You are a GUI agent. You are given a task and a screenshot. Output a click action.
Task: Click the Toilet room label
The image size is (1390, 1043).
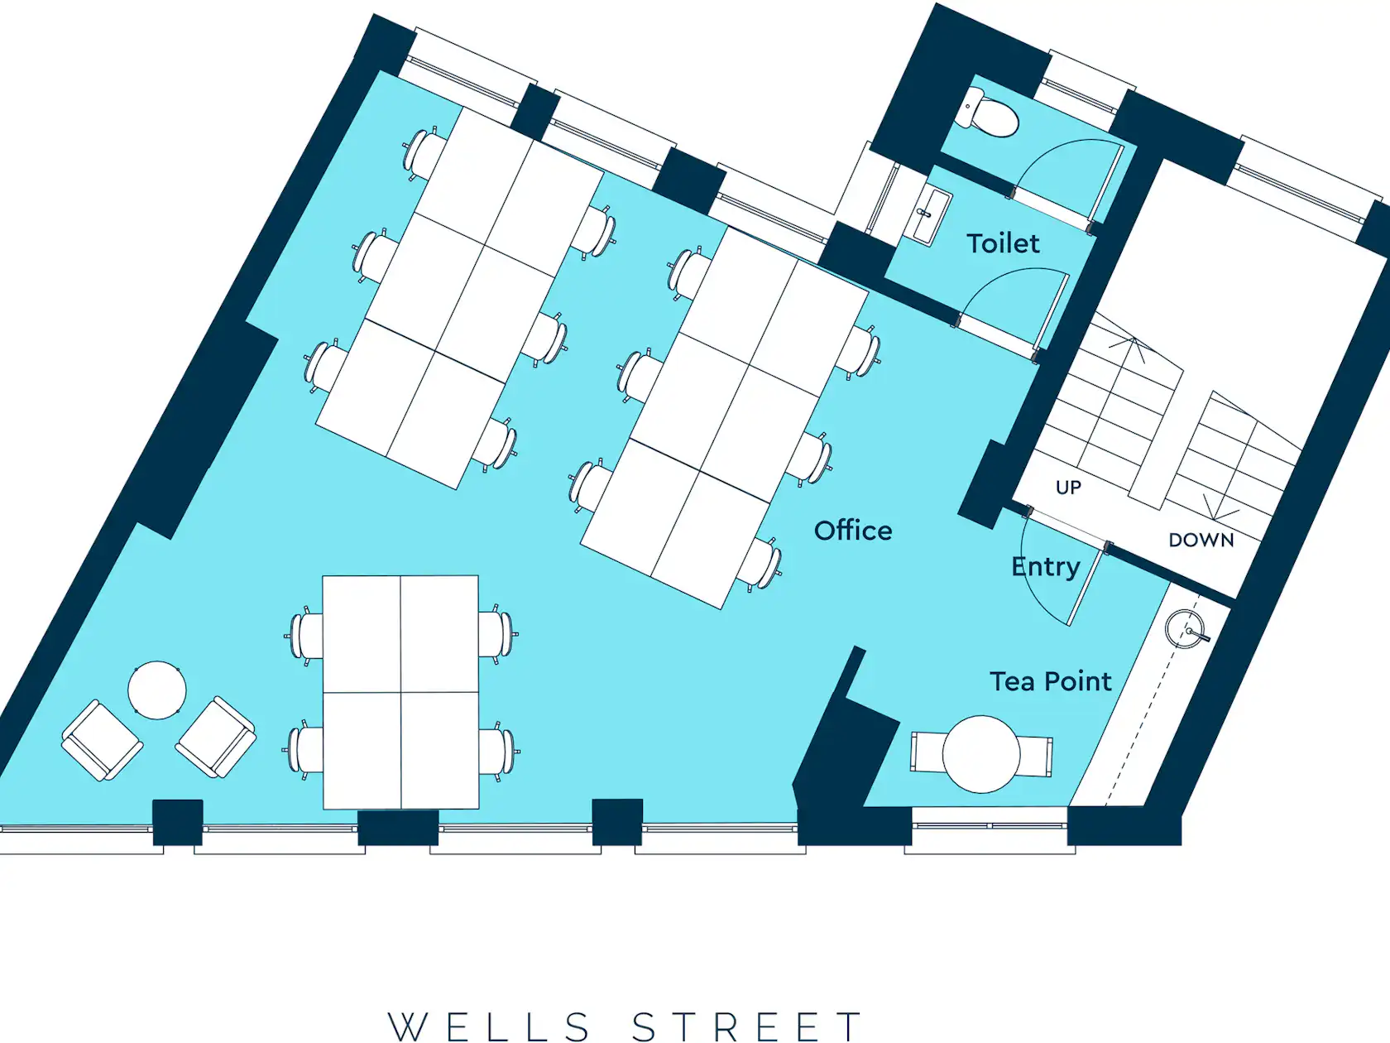click(x=1003, y=244)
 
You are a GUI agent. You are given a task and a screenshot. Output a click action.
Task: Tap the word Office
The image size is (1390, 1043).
click(x=853, y=531)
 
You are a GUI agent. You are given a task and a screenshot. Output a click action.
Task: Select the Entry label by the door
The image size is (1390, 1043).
click(x=1046, y=567)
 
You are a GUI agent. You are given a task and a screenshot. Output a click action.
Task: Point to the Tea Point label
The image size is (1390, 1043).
click(x=1050, y=681)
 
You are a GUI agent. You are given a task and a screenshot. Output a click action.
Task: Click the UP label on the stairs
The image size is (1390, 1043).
click(x=1068, y=487)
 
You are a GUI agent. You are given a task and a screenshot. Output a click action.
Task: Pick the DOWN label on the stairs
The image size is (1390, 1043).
click(x=1201, y=541)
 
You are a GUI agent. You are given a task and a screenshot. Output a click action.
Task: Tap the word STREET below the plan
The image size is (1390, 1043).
click(x=747, y=1026)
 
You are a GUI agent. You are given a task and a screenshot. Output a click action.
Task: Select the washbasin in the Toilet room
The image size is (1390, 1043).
click(x=929, y=215)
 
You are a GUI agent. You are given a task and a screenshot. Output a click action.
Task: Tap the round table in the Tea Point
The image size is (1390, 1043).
click(x=981, y=753)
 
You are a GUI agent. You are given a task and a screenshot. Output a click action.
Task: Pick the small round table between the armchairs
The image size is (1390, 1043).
click(x=157, y=690)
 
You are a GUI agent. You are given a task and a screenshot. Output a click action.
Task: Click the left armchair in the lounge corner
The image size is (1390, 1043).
click(x=102, y=740)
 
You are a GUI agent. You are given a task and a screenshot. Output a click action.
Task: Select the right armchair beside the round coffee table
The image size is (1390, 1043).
click(x=216, y=737)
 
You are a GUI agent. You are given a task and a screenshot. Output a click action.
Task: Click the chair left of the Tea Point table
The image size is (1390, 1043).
click(x=928, y=752)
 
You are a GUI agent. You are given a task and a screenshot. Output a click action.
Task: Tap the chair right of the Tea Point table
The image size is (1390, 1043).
click(x=1035, y=756)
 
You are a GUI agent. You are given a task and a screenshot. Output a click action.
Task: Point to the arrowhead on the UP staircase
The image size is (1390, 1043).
click(x=1134, y=347)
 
